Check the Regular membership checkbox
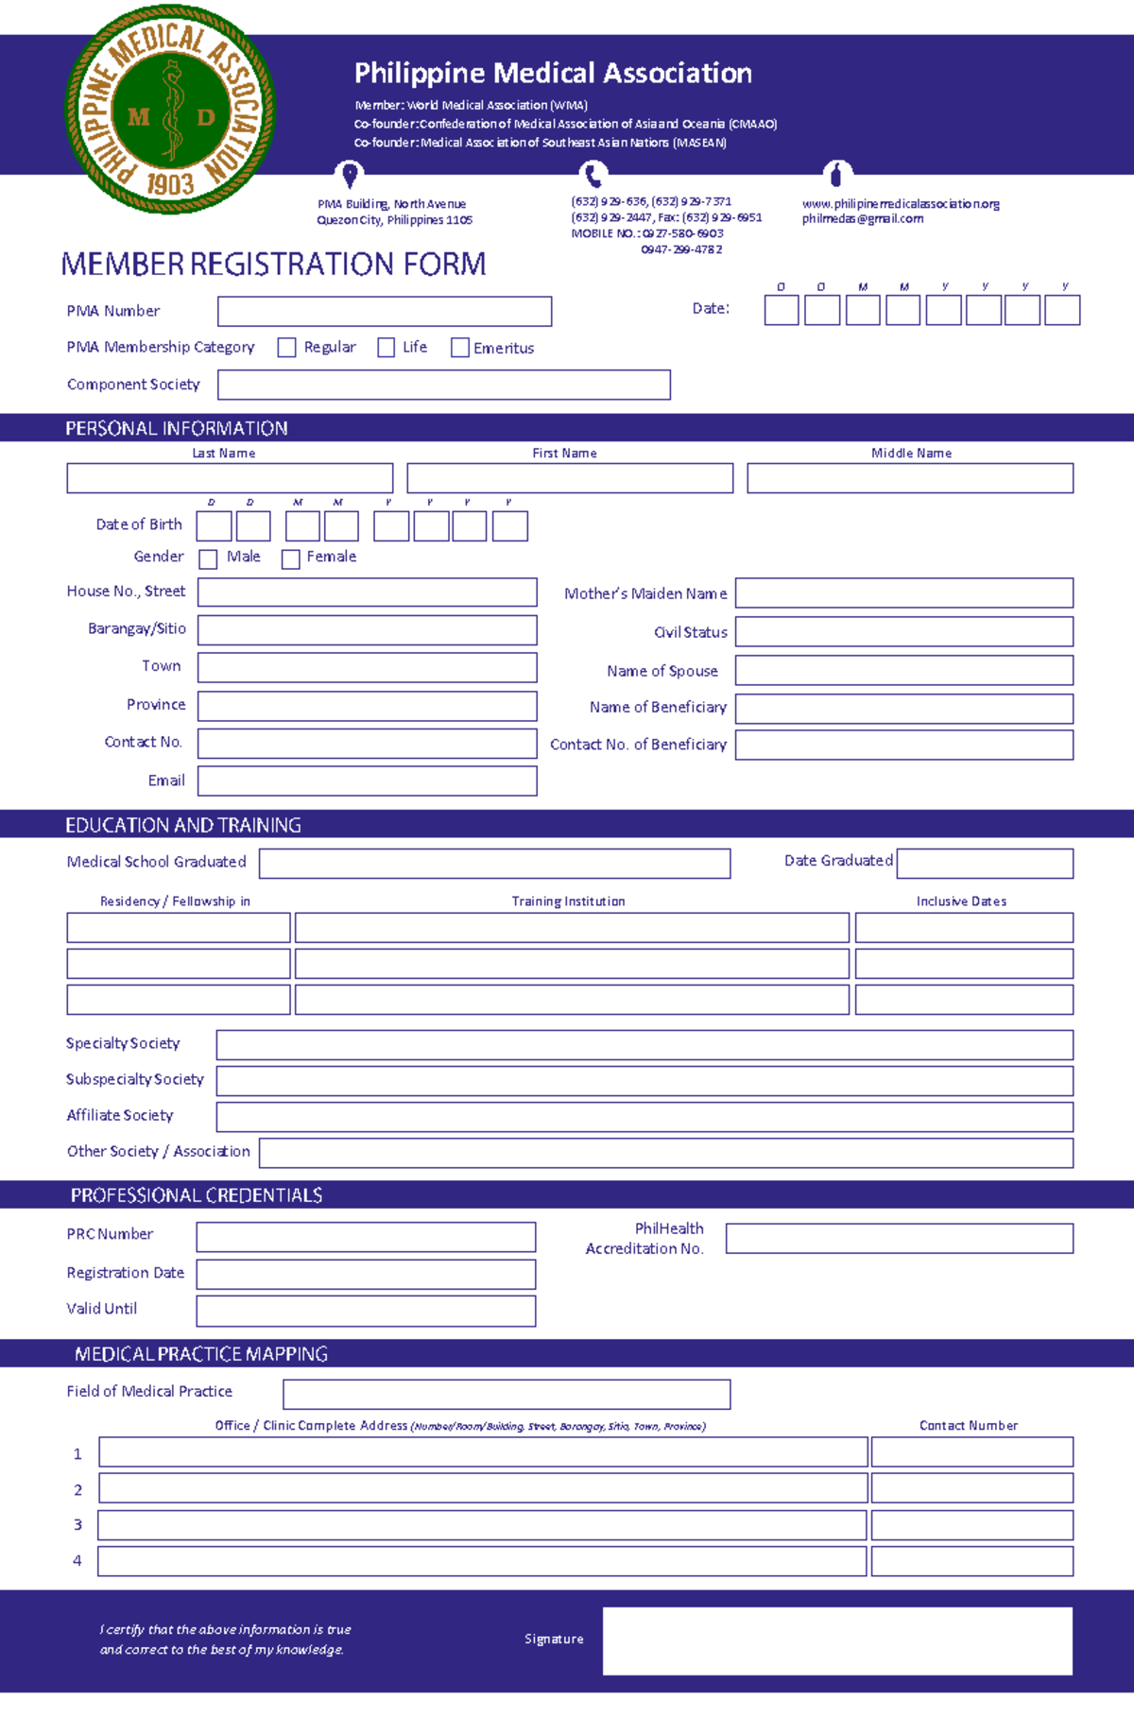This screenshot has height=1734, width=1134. [x=286, y=348]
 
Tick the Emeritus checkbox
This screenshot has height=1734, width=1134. [x=460, y=348]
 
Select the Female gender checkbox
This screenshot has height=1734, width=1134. [x=291, y=559]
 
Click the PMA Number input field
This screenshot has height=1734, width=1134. [x=385, y=312]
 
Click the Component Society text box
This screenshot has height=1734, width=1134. [x=444, y=385]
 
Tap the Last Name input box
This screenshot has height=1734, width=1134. [x=230, y=478]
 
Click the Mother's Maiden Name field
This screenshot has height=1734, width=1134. [x=904, y=593]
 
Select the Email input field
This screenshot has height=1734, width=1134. [x=368, y=781]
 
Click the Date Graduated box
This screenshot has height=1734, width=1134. [x=985, y=863]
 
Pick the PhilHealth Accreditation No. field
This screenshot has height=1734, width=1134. [x=900, y=1239]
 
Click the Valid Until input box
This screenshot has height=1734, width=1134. [x=366, y=1311]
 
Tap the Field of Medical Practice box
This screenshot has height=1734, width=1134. [x=507, y=1394]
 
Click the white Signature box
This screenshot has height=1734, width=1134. [x=837, y=1641]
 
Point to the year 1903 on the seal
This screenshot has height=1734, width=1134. [x=170, y=183]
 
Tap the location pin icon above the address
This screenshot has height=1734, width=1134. [x=350, y=175]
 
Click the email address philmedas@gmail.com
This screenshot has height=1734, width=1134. [x=863, y=219]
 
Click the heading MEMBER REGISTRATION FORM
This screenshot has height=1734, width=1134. [x=273, y=265]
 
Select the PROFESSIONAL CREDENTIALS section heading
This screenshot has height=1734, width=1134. [x=197, y=1195]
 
